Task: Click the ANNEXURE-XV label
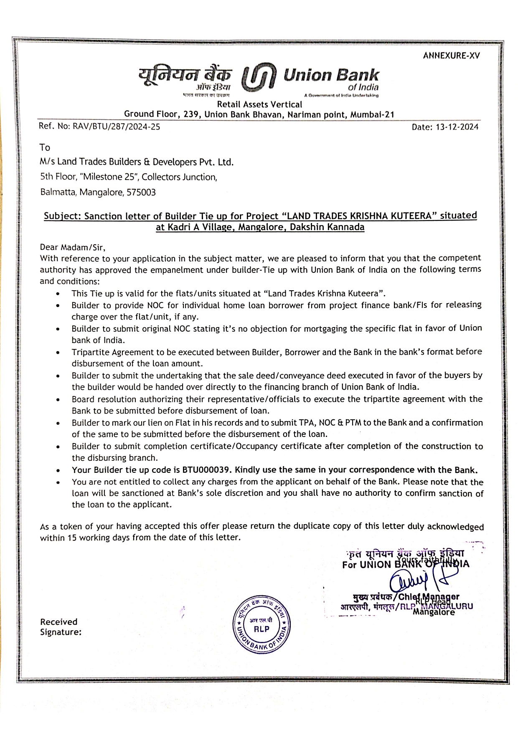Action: (451, 56)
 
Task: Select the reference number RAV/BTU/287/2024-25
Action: (116, 126)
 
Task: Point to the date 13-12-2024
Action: (457, 127)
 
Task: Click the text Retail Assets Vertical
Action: (259, 104)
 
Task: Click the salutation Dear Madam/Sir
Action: (72, 247)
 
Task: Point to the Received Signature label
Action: (61, 627)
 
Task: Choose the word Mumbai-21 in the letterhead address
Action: (372, 114)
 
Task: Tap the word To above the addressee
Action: (45, 147)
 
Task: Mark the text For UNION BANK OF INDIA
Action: (405, 565)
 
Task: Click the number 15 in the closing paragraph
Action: (72, 538)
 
